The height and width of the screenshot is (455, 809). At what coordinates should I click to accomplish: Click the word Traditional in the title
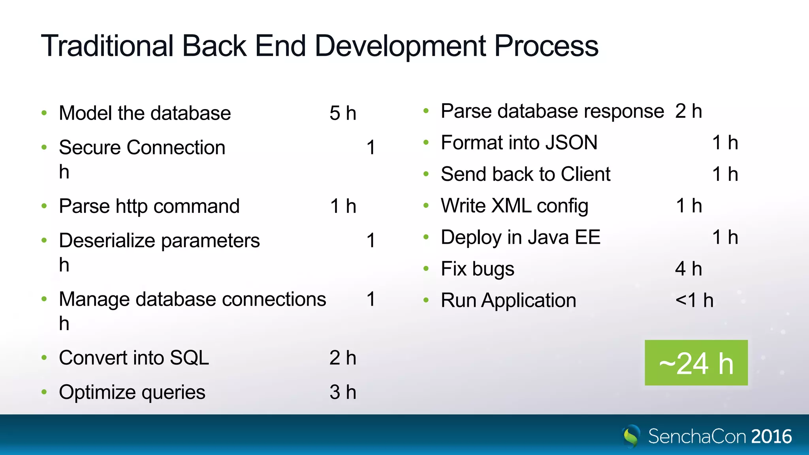(107, 46)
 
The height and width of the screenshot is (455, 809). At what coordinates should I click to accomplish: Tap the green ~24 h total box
(696, 363)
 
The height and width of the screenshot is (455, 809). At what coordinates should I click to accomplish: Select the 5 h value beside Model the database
(342, 113)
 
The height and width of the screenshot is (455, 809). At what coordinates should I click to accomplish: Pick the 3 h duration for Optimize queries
(342, 392)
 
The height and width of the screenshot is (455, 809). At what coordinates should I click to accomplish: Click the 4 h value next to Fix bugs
(688, 269)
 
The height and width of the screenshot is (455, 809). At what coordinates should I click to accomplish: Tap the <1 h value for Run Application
(694, 301)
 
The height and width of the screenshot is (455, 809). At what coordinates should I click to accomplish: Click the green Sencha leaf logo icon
(631, 436)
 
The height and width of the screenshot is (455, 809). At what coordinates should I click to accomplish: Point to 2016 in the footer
(771, 436)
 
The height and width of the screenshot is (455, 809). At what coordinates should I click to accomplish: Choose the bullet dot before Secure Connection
(44, 148)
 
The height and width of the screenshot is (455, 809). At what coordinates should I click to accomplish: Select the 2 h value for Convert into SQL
(342, 358)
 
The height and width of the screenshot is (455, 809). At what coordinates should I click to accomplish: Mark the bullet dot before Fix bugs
(426, 269)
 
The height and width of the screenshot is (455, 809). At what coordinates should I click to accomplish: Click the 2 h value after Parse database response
(688, 111)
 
